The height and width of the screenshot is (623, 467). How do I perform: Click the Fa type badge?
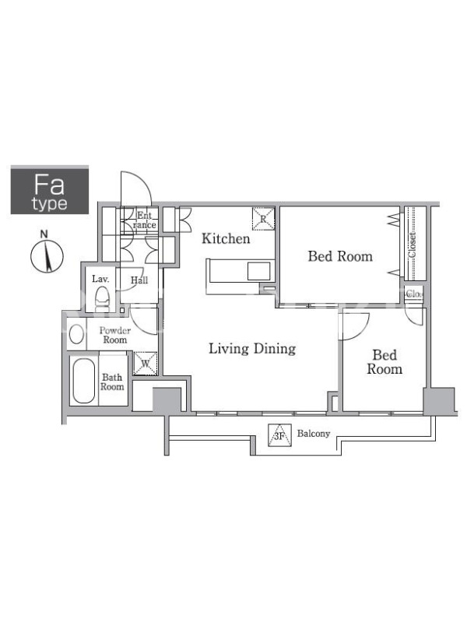[x=50, y=191]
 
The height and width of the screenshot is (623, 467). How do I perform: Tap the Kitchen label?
[x=226, y=238]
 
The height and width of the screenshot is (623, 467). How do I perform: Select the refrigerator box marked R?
[x=263, y=219]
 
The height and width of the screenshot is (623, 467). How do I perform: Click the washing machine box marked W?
[x=146, y=364]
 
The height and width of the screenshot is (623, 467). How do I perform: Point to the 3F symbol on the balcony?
[x=279, y=435]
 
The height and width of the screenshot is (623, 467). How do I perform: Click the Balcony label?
[x=314, y=434]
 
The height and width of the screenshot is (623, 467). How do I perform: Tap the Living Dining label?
[x=252, y=348]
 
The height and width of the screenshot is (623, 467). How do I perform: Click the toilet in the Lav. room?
[x=102, y=298]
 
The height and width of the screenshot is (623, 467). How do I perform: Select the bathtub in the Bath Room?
[x=84, y=381]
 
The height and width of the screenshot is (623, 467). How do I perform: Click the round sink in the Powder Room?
[x=76, y=334]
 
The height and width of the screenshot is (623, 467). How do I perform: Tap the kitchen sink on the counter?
[x=259, y=271]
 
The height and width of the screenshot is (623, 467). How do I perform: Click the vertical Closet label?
[x=413, y=245]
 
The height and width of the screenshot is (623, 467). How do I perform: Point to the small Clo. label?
[x=413, y=294]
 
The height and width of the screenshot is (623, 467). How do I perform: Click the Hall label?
[x=139, y=280]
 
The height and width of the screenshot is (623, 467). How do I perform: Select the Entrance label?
[x=145, y=220]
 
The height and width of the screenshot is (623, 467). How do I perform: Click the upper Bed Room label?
[x=340, y=256]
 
